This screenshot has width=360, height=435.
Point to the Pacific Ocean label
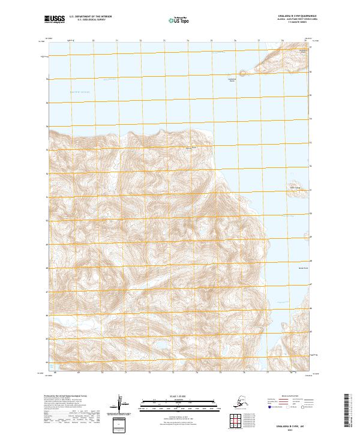[x=79, y=92]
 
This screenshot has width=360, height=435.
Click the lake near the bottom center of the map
[x=161, y=346]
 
